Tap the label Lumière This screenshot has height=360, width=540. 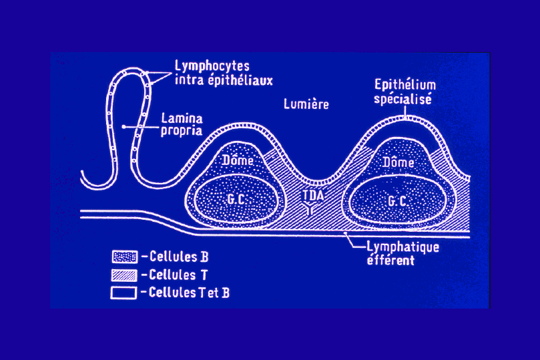click(306, 104)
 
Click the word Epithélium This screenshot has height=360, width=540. click(405, 85)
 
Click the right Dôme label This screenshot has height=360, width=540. click(400, 162)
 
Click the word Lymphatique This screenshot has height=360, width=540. click(403, 247)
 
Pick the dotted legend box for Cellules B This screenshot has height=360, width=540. click(124, 255)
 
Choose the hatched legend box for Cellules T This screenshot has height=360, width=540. click(124, 274)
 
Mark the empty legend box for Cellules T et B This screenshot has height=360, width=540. click(124, 292)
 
